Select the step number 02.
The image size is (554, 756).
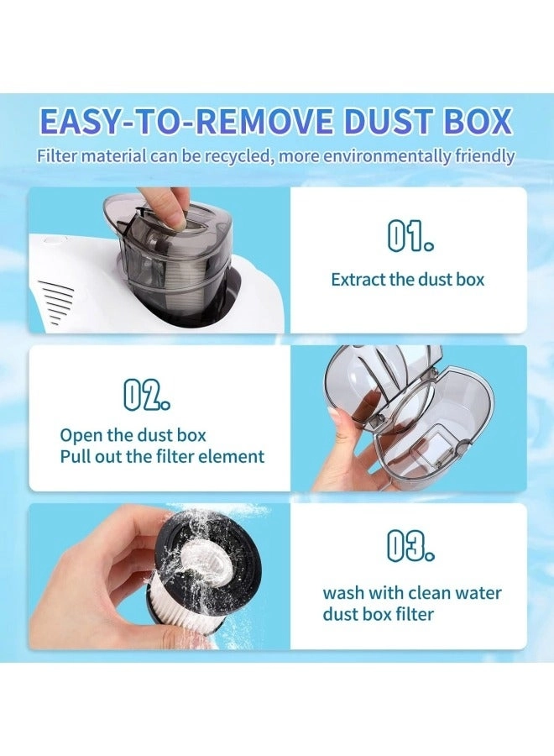pos(146,395)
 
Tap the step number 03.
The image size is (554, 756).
pos(410,546)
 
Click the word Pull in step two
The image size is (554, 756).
pos(74,456)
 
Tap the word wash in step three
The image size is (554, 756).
pos(343,593)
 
